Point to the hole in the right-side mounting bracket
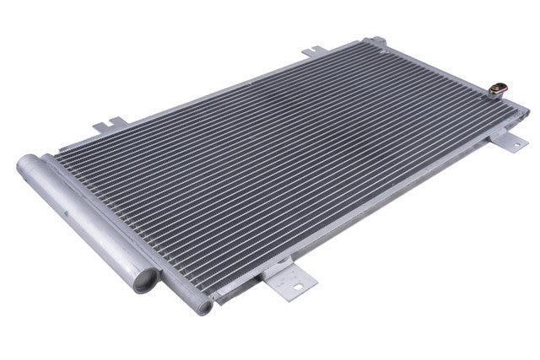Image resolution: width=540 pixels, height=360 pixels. point(511,144)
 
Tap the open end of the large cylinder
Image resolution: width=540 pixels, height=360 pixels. point(145,279)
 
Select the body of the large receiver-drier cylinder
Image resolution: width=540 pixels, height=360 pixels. point(84,220)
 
